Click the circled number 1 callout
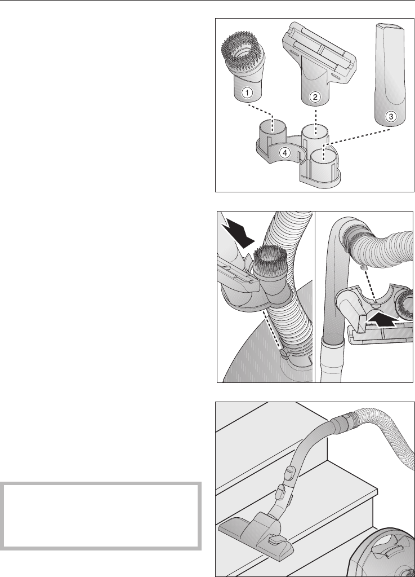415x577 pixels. pyautogui.click(x=247, y=93)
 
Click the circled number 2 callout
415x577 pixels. pyautogui.click(x=315, y=97)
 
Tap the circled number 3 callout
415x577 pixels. pyautogui.click(x=391, y=117)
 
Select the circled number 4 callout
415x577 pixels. pyautogui.click(x=285, y=152)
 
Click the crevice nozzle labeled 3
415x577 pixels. pyautogui.click(x=390, y=74)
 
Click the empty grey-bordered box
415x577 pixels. pyautogui.click(x=101, y=516)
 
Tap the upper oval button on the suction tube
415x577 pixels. pyautogui.click(x=290, y=472)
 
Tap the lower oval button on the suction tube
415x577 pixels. pyautogui.click(x=281, y=491)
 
